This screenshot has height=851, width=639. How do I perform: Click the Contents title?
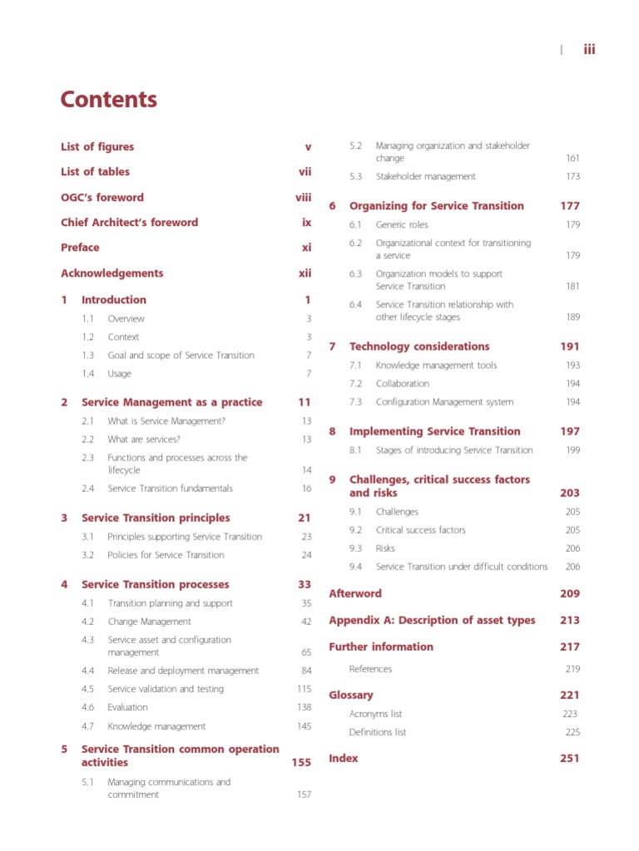[108, 100]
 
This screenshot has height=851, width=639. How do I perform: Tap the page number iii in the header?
[589, 49]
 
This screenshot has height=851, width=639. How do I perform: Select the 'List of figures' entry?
[97, 147]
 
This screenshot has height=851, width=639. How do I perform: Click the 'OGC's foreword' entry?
[102, 198]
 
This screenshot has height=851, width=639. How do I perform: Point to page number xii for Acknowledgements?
[305, 273]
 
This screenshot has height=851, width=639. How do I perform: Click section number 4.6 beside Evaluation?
[88, 707]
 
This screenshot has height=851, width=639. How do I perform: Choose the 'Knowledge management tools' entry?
[436, 366]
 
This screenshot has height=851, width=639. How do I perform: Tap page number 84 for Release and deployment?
[306, 671]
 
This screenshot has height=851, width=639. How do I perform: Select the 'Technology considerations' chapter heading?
[419, 347]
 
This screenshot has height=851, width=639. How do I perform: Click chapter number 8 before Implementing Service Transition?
[333, 431]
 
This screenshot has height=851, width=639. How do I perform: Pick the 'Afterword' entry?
[355, 593]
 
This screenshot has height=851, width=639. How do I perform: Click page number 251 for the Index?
[570, 758]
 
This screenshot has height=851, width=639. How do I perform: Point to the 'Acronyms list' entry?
[375, 714]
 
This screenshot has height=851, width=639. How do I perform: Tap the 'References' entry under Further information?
[370, 669]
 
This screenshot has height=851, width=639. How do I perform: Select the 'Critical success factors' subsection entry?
[420, 530]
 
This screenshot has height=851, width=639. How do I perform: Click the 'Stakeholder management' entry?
[425, 176]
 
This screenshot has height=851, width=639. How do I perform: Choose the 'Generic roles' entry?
[402, 225]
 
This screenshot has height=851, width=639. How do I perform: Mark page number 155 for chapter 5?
[301, 762]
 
